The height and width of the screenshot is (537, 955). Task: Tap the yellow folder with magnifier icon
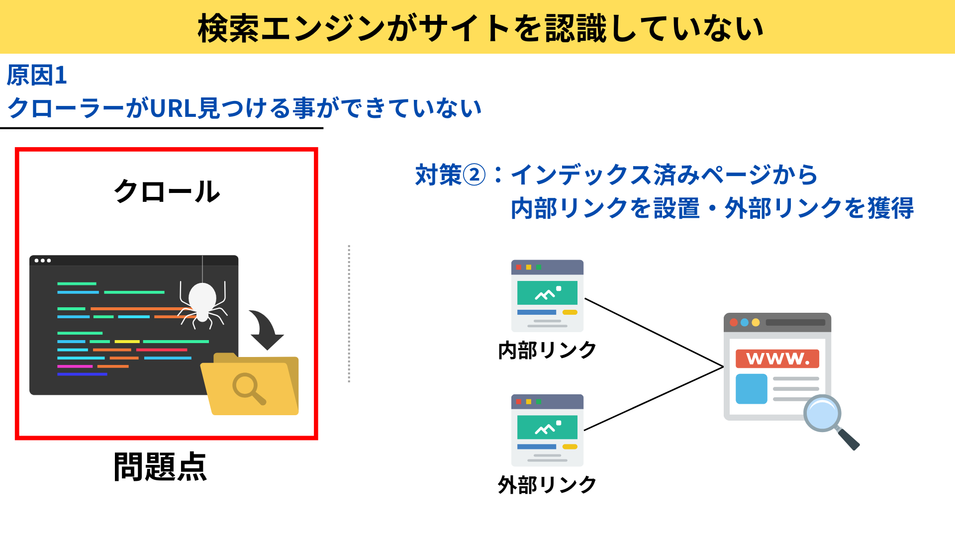click(250, 385)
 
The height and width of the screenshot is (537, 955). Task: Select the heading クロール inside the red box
click(167, 191)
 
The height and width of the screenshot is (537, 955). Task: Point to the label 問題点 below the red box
click(160, 467)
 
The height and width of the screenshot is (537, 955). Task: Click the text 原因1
click(37, 76)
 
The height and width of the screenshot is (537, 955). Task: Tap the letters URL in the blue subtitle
click(173, 108)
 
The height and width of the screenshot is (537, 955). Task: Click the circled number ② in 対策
click(474, 175)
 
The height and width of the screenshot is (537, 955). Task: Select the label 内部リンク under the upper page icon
click(547, 351)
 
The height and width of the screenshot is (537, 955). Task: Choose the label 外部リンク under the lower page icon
click(547, 485)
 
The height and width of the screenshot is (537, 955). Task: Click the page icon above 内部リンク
click(547, 295)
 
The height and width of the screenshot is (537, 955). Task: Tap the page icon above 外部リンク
click(547, 430)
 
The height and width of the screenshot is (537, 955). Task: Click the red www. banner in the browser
click(777, 358)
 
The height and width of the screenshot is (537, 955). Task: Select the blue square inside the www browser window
click(751, 389)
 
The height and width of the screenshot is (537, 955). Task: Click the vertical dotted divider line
click(349, 313)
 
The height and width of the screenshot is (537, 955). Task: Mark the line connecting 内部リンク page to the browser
click(654, 333)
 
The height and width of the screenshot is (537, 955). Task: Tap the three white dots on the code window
click(43, 261)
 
